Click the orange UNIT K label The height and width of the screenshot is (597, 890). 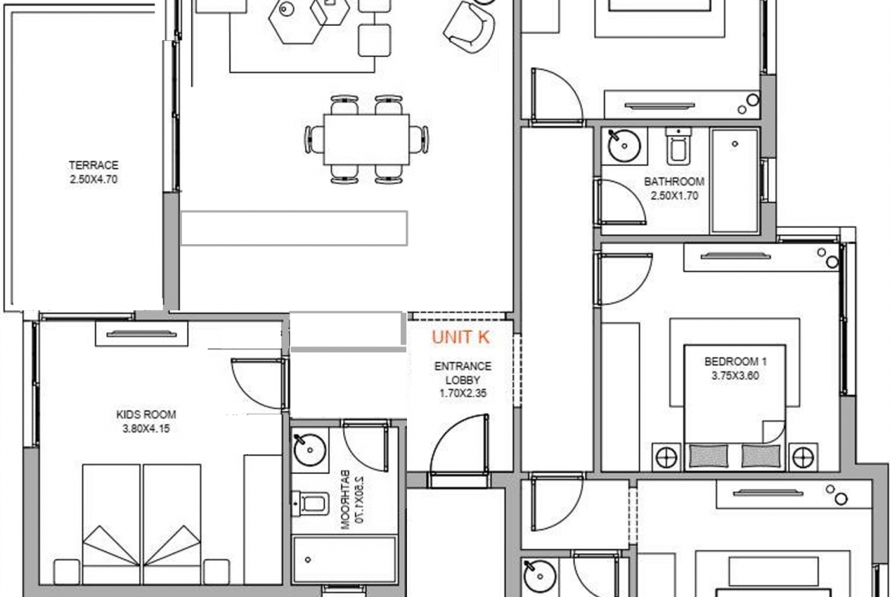460,337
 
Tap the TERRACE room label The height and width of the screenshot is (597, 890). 94,165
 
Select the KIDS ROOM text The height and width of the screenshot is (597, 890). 146,414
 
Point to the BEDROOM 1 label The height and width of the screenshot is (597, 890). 736,361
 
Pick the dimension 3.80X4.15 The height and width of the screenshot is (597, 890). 146,428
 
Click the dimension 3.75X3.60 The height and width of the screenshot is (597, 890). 735,375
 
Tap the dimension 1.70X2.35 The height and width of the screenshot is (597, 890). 462,392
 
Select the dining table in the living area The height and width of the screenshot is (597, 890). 366,140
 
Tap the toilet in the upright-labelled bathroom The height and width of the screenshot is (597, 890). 679,146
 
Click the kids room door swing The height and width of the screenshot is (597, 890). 259,383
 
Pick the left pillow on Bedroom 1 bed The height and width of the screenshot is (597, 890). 708,456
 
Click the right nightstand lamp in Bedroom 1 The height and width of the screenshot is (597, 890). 803,457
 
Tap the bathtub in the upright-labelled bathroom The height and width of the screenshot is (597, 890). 735,180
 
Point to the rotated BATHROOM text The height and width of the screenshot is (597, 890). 345,500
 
